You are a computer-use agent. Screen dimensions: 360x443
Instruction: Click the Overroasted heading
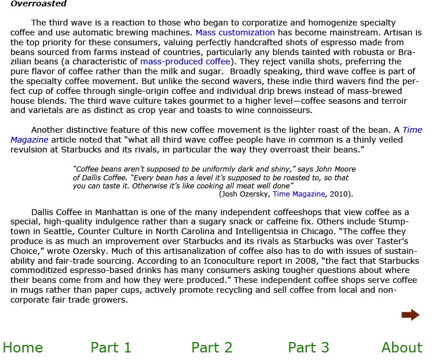click(38, 4)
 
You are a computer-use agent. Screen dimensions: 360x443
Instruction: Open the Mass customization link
click(235, 32)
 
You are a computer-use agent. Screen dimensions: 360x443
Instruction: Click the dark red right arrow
click(410, 315)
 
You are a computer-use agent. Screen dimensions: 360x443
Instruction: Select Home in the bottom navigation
click(23, 347)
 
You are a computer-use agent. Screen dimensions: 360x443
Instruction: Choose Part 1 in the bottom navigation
click(111, 347)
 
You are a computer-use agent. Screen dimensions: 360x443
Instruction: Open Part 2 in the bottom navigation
click(212, 347)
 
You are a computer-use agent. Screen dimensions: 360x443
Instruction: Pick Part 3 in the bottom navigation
click(309, 347)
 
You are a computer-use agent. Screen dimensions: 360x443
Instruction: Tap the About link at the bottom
click(402, 347)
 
